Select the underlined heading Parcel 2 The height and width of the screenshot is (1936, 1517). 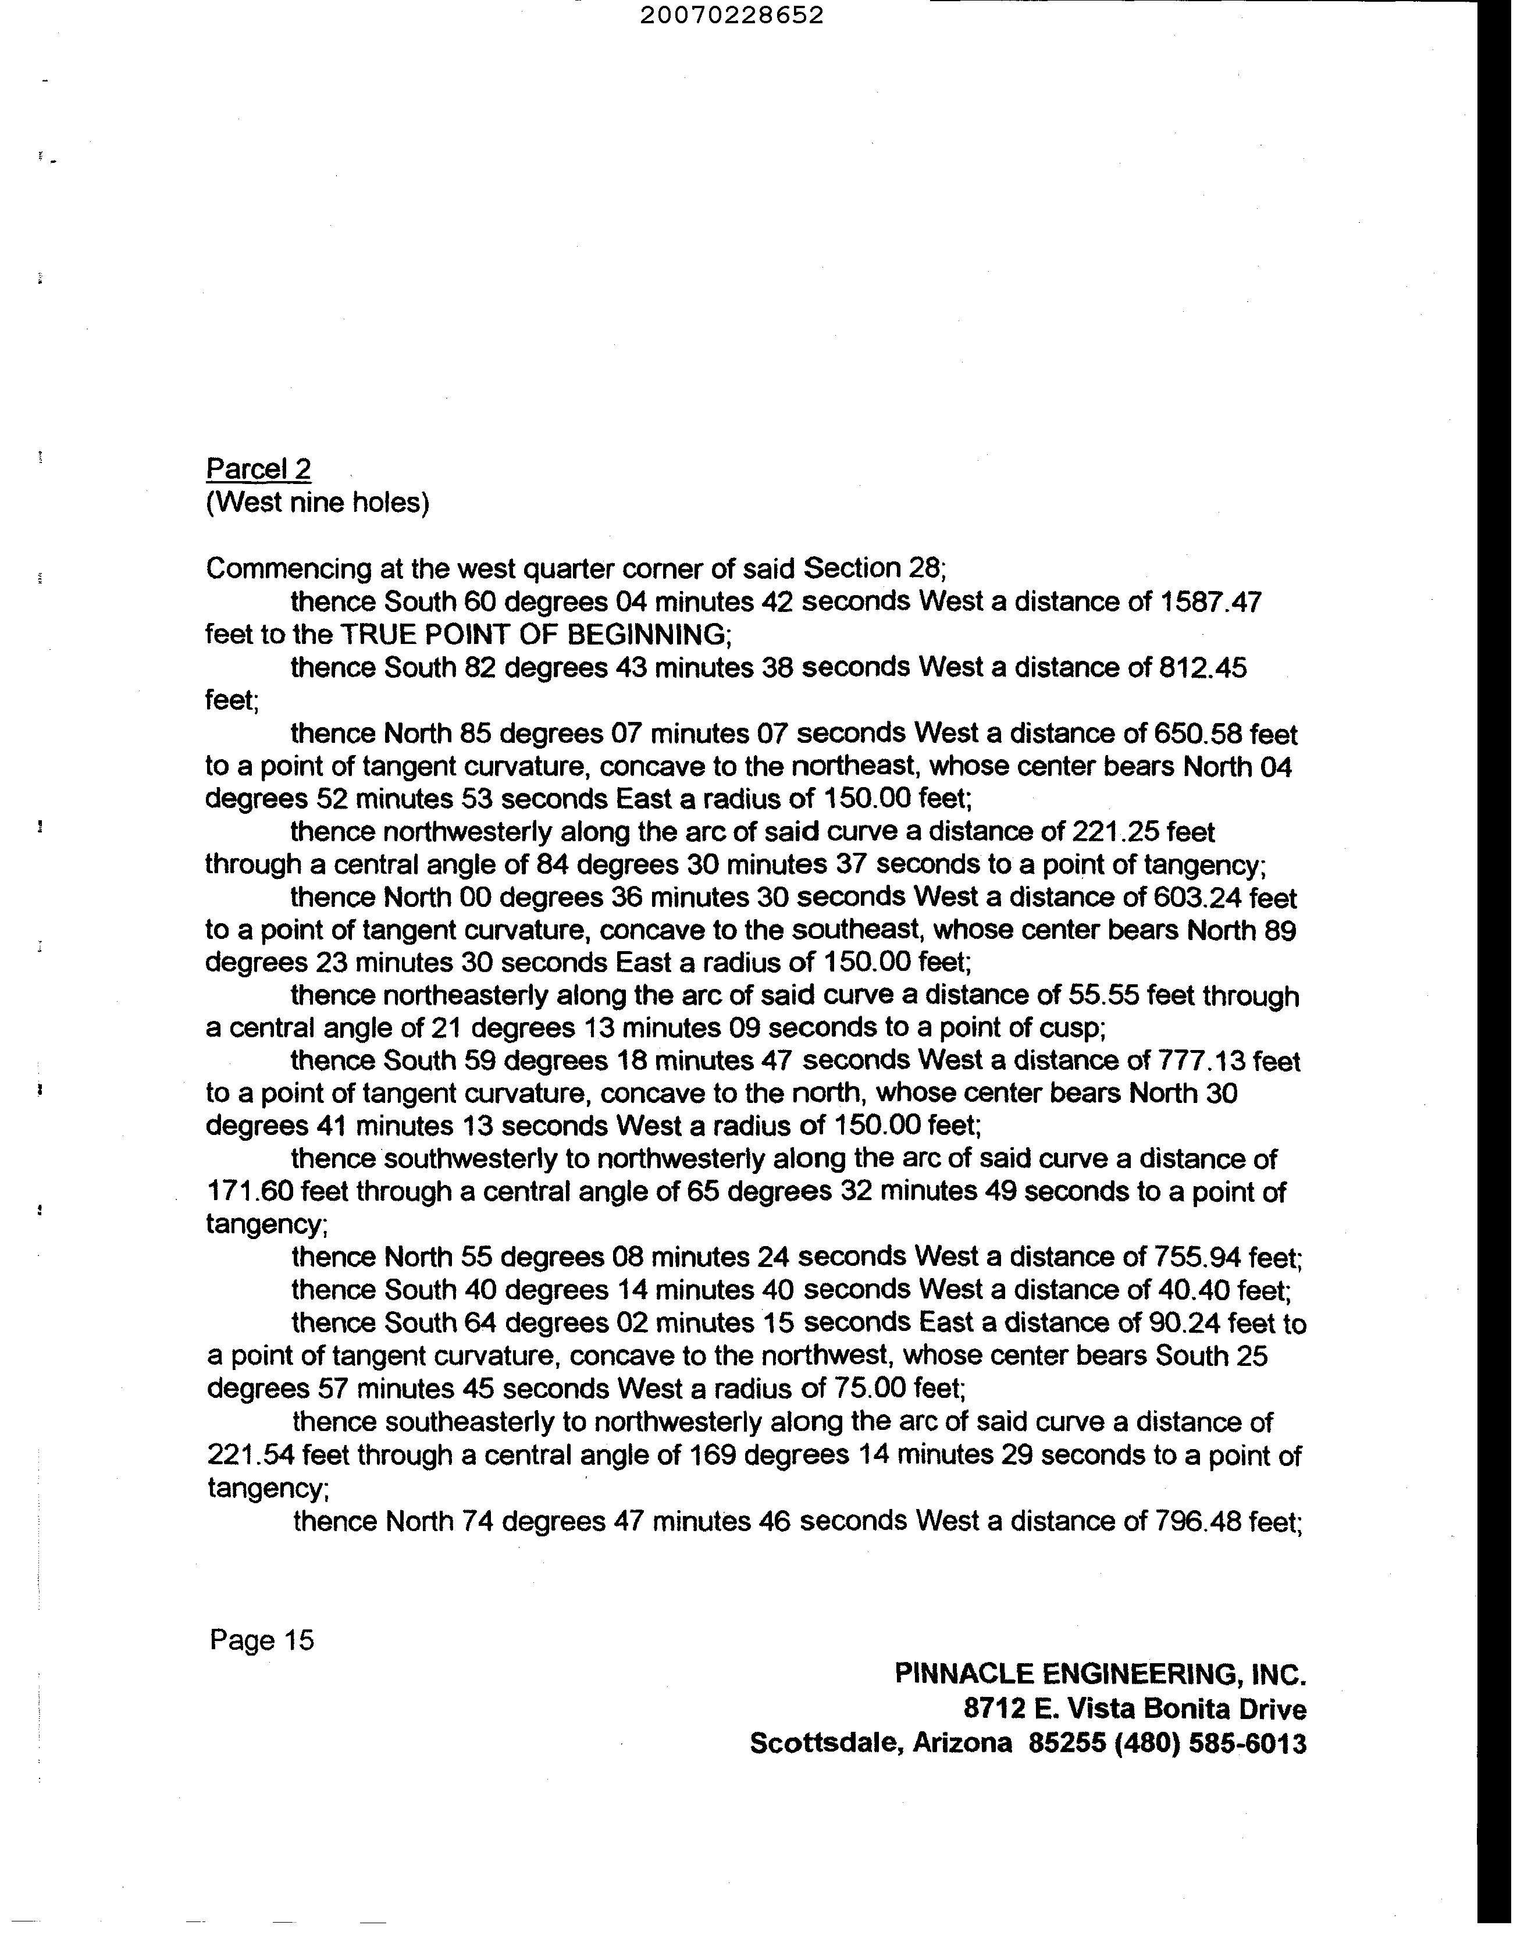[x=258, y=469]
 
